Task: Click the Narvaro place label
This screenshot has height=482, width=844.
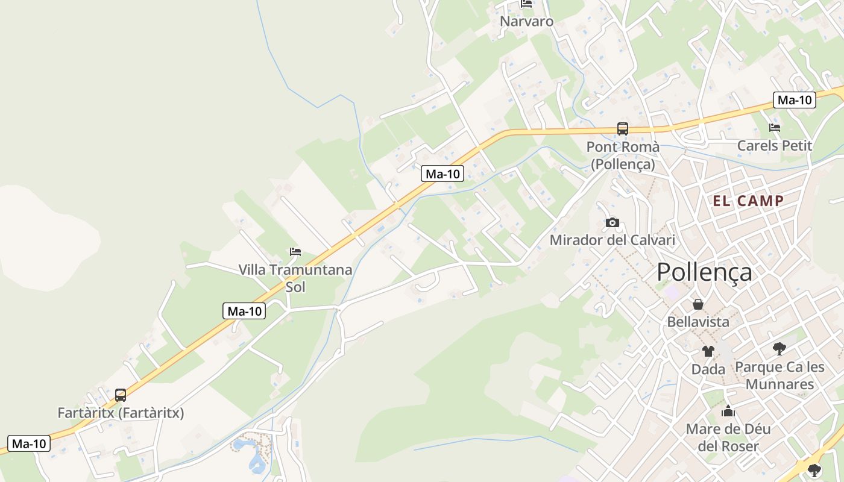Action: pos(526,22)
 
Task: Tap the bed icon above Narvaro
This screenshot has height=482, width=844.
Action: pos(526,4)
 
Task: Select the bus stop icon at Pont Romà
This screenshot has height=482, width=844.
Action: pos(622,128)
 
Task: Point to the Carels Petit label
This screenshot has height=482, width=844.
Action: pos(775,146)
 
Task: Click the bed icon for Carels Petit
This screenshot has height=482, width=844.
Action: pos(775,128)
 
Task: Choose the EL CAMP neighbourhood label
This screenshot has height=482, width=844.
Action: pos(748,201)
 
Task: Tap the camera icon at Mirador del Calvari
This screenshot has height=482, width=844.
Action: pos(612,223)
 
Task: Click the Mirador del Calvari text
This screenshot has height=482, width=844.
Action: pos(612,240)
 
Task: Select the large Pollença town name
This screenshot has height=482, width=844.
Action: pos(704,272)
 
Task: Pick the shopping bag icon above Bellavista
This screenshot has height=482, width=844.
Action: pos(698,304)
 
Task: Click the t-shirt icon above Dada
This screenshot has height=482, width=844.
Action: pos(708,351)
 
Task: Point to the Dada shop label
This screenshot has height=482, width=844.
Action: pos(708,369)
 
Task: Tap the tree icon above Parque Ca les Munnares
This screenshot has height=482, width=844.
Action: pos(779,348)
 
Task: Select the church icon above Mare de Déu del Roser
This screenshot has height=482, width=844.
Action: pos(728,412)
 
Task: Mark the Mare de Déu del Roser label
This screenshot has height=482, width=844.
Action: pos(728,438)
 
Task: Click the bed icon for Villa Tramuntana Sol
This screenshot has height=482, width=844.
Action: pos(295,252)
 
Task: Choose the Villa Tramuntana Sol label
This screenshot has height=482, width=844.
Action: pos(295,278)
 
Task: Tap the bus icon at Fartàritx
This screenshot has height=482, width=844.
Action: pos(121,395)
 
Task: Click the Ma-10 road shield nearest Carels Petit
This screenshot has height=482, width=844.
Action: pos(795,100)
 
